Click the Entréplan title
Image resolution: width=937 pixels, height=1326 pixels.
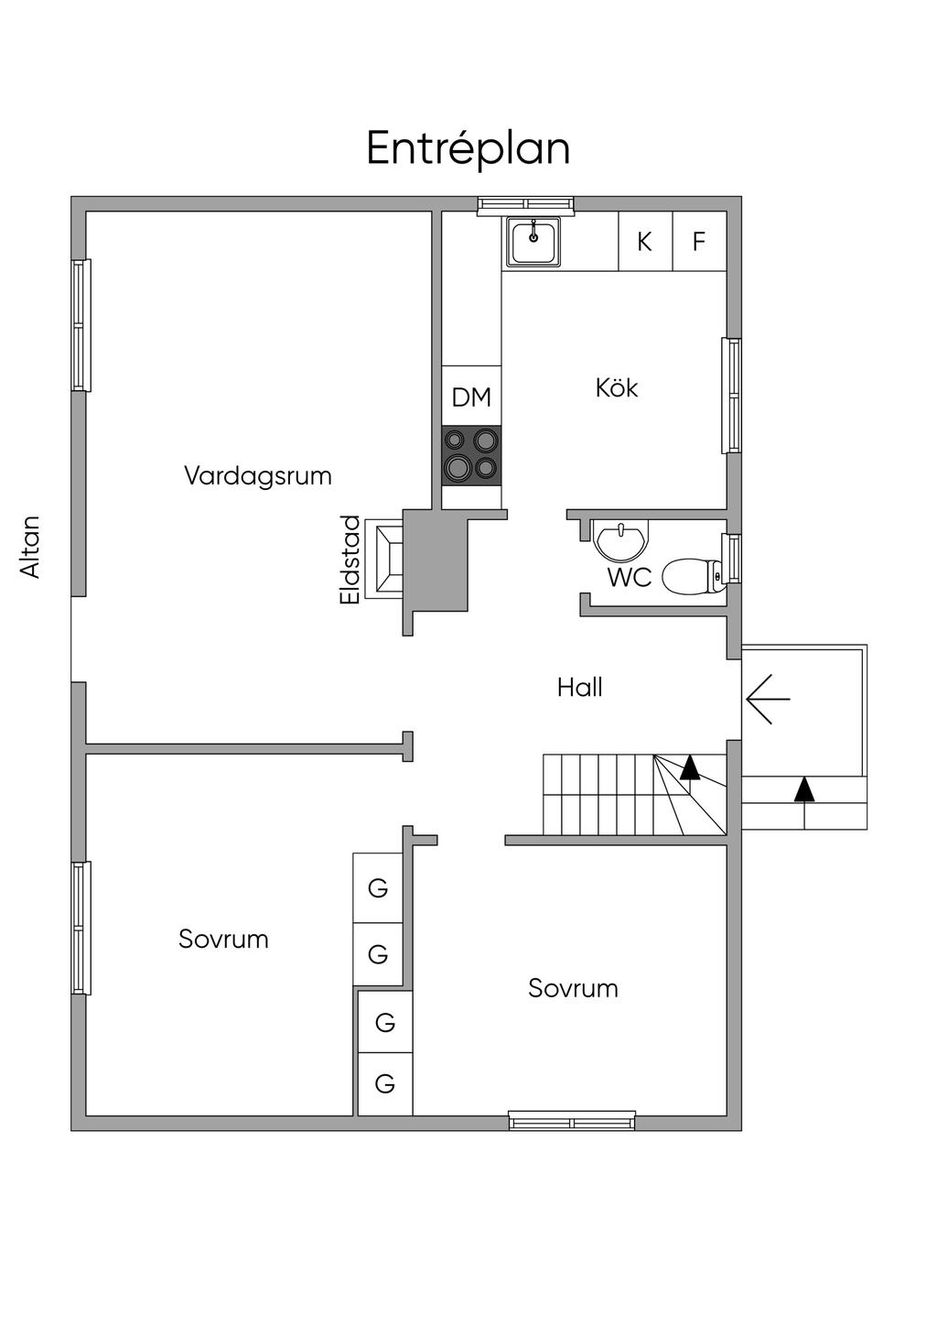[468, 148]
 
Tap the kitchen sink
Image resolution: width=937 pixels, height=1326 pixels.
[533, 242]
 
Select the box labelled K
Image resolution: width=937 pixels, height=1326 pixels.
[645, 242]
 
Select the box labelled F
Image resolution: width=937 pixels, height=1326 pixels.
[699, 242]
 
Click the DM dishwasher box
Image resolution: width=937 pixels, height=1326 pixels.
[471, 397]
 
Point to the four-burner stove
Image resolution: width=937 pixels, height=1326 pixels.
[471, 455]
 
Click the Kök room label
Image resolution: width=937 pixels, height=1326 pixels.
[617, 388]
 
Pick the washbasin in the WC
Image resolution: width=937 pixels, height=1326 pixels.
[621, 540]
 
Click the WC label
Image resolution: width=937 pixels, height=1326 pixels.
[630, 578]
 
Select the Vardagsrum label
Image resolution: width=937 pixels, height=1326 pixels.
[258, 476]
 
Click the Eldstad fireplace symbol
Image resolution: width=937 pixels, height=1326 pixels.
[384, 559]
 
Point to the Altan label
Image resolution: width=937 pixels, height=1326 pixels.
[31, 547]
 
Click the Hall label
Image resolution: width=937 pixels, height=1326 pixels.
[580, 688]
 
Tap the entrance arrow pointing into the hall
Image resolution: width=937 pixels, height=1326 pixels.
[768, 699]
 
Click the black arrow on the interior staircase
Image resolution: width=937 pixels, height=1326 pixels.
[690, 767]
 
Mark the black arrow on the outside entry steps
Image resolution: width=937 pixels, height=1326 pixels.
[803, 789]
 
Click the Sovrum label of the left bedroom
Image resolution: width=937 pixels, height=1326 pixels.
[223, 940]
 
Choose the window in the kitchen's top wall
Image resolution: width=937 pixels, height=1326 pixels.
[526, 205]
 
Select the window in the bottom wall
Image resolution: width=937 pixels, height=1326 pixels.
[572, 1121]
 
